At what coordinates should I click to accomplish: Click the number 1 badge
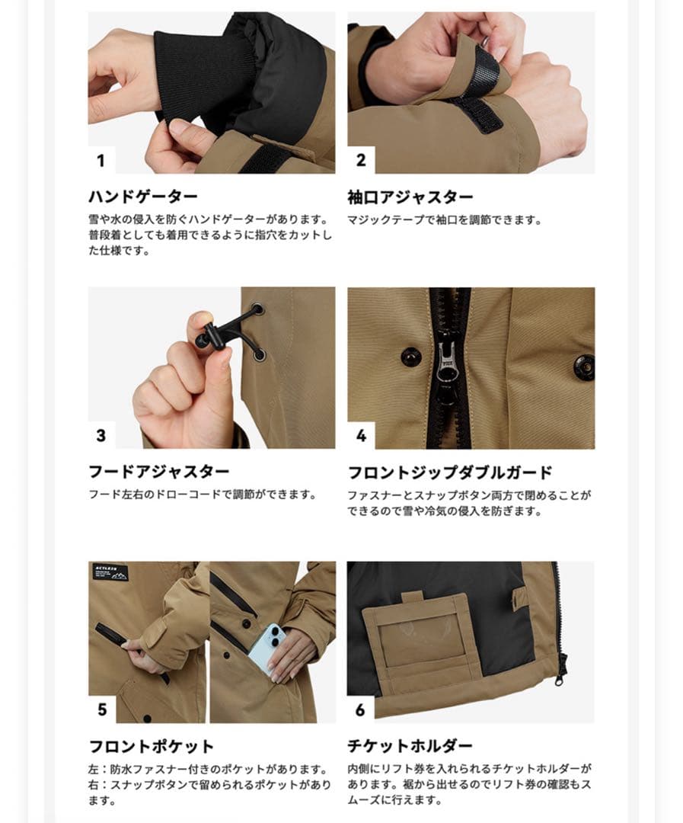click(x=101, y=161)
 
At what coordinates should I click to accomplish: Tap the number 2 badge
click(x=361, y=160)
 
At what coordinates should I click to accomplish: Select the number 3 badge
click(x=101, y=436)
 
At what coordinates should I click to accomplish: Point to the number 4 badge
click(x=361, y=436)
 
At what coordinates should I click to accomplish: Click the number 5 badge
click(x=102, y=709)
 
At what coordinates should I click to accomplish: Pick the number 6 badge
click(x=361, y=709)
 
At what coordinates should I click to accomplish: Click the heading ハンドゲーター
click(x=143, y=197)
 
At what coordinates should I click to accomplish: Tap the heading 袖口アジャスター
click(x=410, y=197)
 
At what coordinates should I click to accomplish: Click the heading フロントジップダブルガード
click(x=450, y=472)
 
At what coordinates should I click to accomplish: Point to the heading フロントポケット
click(x=152, y=746)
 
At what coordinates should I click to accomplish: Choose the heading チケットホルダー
click(x=410, y=746)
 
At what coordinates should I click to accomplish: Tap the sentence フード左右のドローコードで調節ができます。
click(x=202, y=495)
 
